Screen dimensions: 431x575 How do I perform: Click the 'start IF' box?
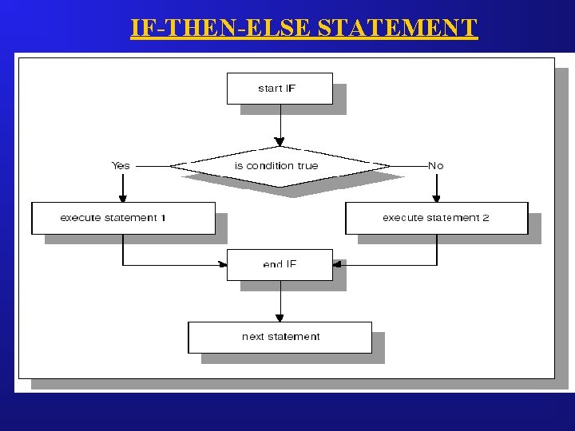280,89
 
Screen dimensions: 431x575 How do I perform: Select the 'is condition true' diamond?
280,166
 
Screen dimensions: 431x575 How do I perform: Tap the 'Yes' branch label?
121,166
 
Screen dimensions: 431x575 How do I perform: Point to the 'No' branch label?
435,166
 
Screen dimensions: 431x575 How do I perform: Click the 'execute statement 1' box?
123,218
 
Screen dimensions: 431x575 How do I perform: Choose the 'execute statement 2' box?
436,218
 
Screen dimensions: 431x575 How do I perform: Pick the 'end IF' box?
280,264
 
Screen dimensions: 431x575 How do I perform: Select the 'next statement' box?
280,337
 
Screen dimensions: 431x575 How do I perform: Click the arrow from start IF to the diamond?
280,124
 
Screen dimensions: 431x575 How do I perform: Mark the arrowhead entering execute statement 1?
123,198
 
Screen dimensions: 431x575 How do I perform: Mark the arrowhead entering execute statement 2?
436,198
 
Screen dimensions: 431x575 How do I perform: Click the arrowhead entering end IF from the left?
223,264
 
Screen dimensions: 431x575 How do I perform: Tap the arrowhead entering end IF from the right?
337,264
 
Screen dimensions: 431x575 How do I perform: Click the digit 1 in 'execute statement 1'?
163,218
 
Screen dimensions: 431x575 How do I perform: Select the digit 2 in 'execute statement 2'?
486,218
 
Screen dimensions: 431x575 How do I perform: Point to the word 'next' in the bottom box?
253,337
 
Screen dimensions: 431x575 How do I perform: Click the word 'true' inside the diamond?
307,166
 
